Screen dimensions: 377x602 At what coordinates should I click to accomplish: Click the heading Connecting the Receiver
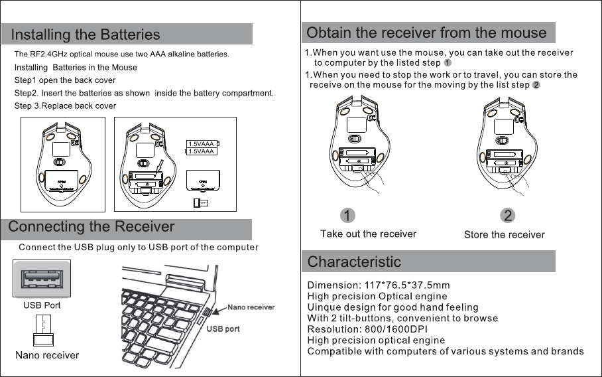[91, 227]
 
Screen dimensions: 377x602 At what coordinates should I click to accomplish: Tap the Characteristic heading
[355, 262]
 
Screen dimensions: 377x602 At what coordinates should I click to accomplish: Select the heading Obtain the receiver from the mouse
[427, 33]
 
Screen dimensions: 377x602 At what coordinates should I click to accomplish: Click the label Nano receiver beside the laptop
[251, 307]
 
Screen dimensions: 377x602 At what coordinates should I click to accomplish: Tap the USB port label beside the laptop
[223, 329]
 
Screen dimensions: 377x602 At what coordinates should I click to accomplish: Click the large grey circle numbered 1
[347, 216]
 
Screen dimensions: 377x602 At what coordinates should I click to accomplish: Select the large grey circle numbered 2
[507, 216]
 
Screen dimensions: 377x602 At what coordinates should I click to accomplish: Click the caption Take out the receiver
[368, 234]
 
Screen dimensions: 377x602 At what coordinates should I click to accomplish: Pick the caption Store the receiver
[504, 234]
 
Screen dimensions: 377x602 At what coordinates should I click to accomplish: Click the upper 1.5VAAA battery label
[202, 143]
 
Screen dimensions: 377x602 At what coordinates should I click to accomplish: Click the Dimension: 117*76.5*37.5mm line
[379, 285]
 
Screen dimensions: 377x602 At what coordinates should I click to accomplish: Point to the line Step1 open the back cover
[65, 80]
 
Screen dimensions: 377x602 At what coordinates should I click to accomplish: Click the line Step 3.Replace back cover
[65, 106]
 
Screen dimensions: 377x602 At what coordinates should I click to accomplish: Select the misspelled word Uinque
[323, 307]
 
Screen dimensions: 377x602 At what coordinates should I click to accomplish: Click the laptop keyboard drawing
[159, 312]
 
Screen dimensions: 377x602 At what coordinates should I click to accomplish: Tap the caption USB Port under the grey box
[42, 306]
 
